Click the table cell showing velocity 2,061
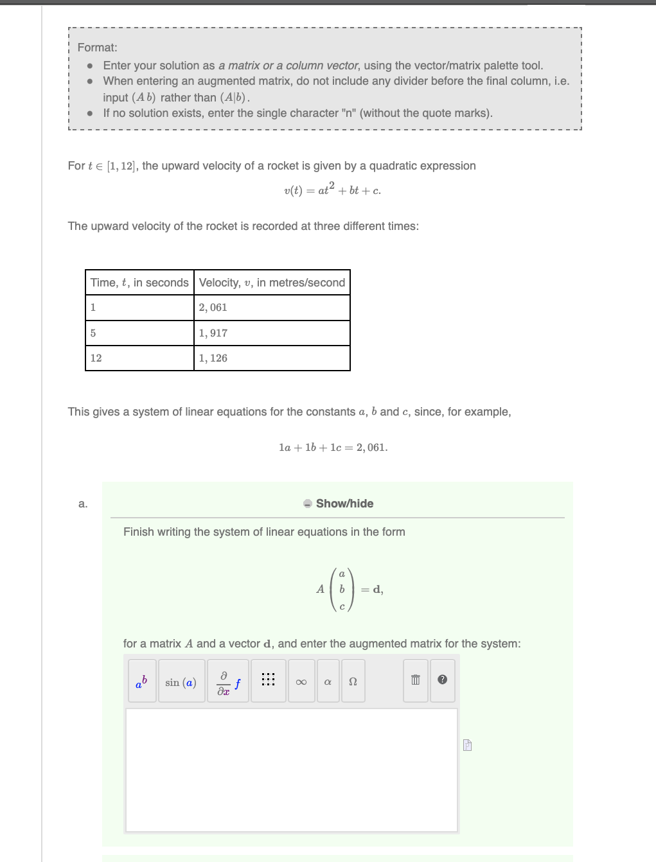(272, 308)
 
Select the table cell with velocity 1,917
(272, 333)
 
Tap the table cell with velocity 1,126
(272, 358)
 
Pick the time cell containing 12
(139, 358)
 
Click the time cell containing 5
(139, 333)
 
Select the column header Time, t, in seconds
(139, 283)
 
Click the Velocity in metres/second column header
(272, 283)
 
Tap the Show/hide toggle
(339, 504)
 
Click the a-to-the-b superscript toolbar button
(142, 682)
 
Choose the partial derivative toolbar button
(228, 682)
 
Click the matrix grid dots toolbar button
(269, 680)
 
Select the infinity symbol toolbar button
(301, 682)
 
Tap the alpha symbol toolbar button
(328, 682)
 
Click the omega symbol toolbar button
(353, 682)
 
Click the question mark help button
(442, 680)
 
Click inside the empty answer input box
(291, 770)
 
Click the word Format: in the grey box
(98, 48)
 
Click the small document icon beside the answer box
(467, 745)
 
